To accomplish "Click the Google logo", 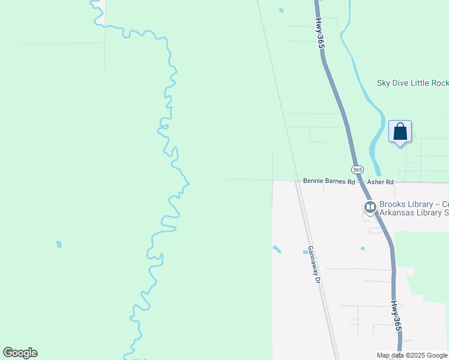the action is click(20, 353).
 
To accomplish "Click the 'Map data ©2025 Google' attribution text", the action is click(412, 355).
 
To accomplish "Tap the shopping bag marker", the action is click(400, 131).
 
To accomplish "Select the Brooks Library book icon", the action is click(370, 208).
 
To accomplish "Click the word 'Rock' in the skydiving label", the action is click(439, 83).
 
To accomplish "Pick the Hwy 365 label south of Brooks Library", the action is click(395, 316).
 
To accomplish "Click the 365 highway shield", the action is click(357, 170).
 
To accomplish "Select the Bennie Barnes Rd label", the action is click(329, 181).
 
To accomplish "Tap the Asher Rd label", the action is click(380, 181).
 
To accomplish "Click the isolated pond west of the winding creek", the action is click(59, 244).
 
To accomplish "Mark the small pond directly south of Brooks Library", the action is click(363, 248).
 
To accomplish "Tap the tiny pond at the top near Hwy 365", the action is click(281, 10).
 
